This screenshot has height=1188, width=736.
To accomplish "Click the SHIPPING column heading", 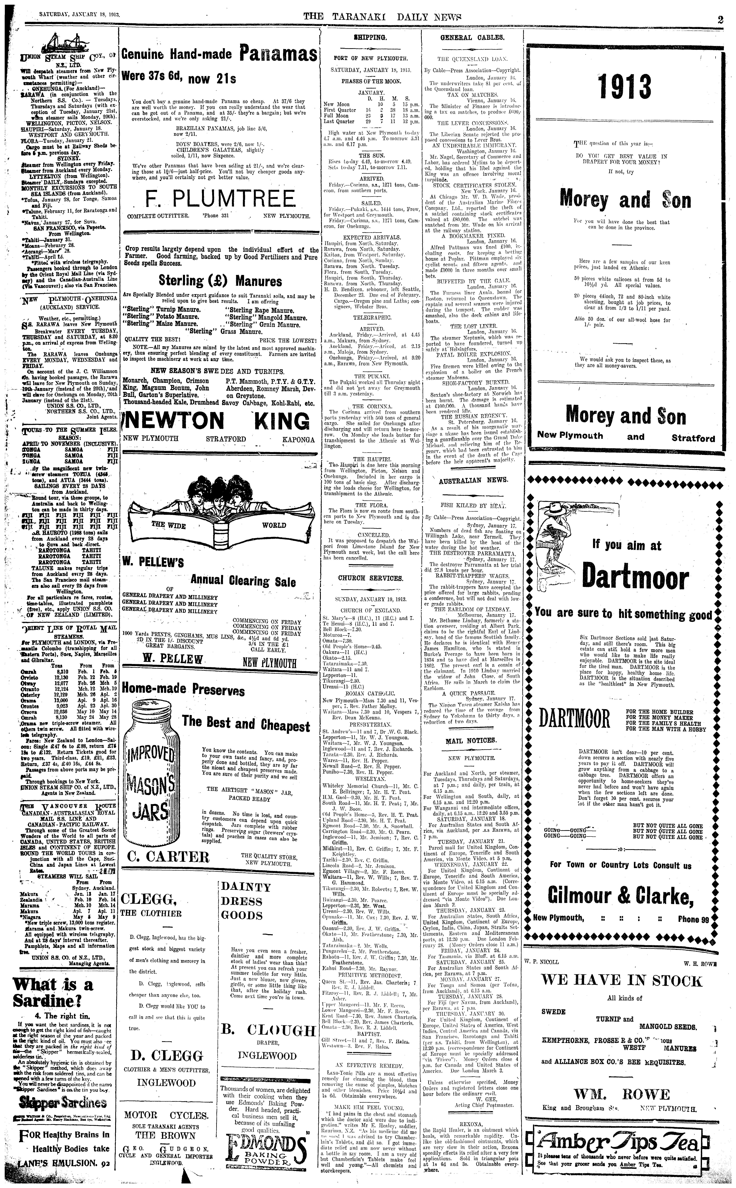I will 370,37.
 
